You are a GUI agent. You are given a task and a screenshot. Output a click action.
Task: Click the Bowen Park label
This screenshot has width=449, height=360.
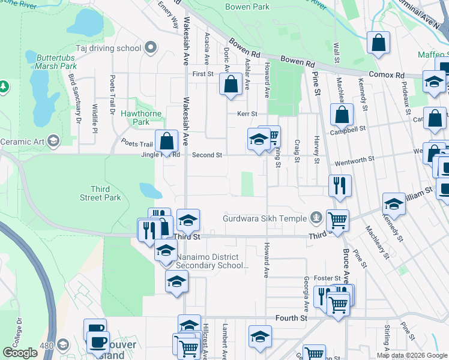coord(247,7)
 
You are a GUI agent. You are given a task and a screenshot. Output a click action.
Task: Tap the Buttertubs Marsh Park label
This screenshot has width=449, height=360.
coord(56,61)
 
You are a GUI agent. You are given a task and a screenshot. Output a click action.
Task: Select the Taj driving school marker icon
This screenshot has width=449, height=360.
coord(151,47)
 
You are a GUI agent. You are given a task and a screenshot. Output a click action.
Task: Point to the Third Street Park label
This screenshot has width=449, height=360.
coord(100,193)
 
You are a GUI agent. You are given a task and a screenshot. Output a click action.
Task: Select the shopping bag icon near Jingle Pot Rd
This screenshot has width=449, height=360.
coord(167,141)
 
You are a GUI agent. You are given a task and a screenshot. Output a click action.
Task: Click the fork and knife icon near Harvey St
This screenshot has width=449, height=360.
coord(340,186)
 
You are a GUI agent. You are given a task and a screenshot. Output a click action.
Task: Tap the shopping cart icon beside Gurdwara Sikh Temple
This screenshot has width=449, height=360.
coord(337,221)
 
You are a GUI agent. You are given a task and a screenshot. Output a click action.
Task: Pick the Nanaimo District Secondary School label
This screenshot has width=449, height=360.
coord(208,261)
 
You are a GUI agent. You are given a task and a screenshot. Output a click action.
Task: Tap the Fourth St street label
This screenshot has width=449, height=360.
coord(291,317)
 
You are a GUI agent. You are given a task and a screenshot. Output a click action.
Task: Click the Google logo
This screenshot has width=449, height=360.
coord(20,353)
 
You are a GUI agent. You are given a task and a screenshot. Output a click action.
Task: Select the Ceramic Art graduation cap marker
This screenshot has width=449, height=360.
coord(53,141)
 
